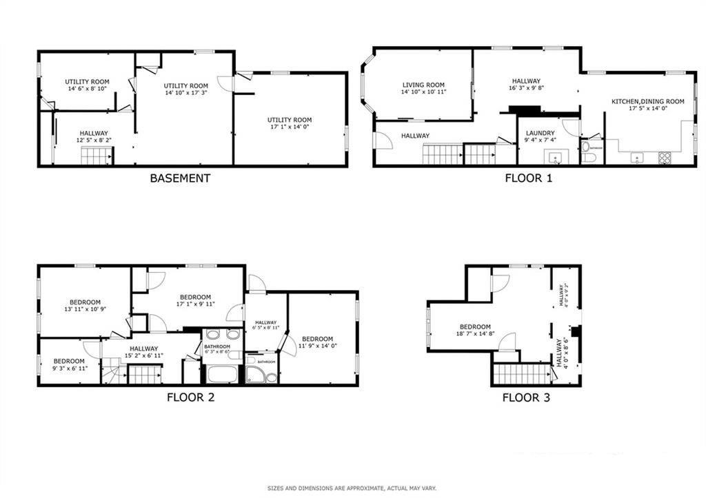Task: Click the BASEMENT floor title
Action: point(180,178)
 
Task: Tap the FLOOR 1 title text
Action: point(528,178)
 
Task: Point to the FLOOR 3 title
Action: point(525,397)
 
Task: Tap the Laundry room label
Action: point(540,133)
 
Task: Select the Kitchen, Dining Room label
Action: point(647,101)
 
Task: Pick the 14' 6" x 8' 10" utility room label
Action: point(87,89)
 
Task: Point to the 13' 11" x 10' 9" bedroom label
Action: point(85,309)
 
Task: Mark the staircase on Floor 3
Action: point(522,374)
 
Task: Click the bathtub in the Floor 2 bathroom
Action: point(221,375)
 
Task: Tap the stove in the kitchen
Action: point(665,158)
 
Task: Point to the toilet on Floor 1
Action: point(588,158)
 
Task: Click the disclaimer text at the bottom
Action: point(352,488)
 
